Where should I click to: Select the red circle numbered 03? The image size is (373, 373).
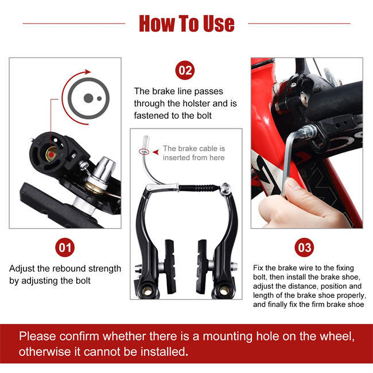pos(304,248)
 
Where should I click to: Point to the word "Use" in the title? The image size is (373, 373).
pos(217,24)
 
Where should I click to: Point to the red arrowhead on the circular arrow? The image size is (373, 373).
pos(87,73)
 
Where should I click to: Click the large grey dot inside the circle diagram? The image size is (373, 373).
pos(88,98)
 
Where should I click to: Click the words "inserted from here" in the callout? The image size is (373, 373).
pos(194,157)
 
